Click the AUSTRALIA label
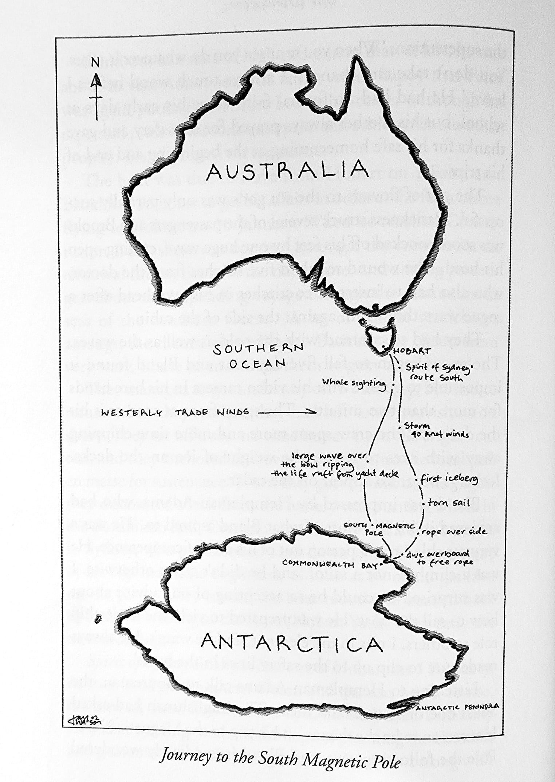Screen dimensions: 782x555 (287, 170)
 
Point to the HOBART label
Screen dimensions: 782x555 (412, 351)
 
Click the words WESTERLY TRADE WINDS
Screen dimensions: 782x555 (175, 412)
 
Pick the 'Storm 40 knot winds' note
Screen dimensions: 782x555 (435, 430)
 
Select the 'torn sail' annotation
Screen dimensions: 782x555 (448, 503)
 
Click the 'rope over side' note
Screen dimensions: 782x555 (454, 532)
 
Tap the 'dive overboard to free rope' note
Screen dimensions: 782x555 (439, 558)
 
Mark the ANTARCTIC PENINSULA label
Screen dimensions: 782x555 (457, 707)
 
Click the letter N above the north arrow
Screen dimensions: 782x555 (95, 63)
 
